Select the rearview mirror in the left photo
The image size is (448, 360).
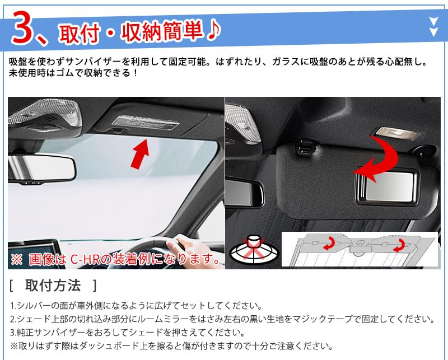[x=41, y=168]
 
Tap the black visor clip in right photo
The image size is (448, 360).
[x=305, y=147]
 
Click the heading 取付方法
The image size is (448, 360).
[x=53, y=286]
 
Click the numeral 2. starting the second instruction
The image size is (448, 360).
[x=13, y=319]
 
